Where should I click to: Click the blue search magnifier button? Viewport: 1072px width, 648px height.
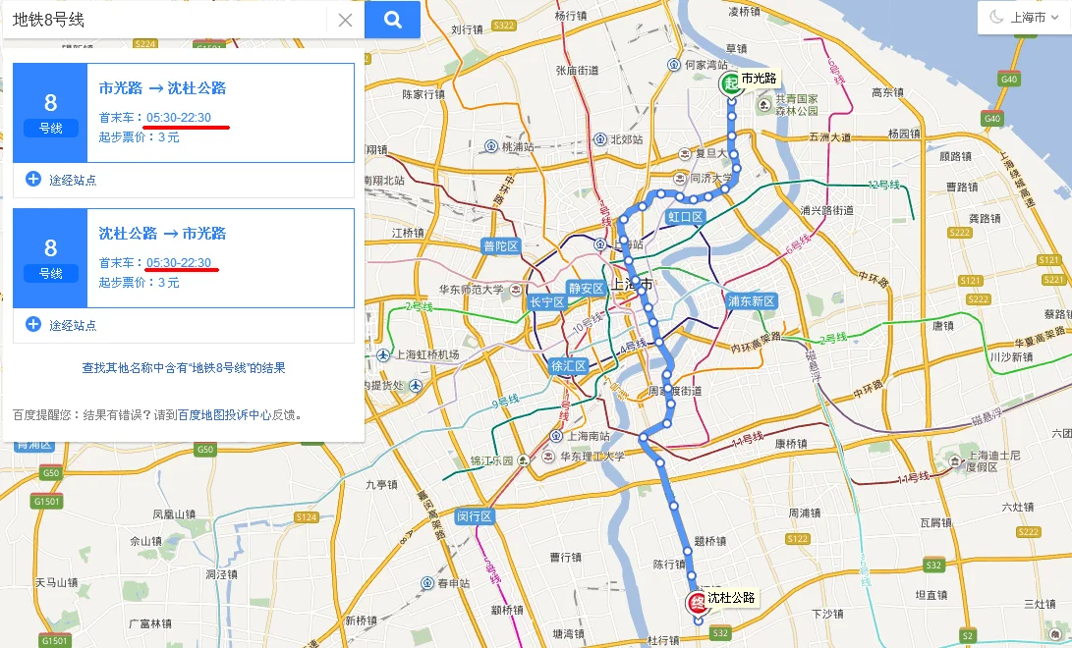(x=392, y=20)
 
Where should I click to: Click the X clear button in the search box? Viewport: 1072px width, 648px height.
(x=345, y=20)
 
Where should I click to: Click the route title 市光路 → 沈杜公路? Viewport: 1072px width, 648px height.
(x=162, y=88)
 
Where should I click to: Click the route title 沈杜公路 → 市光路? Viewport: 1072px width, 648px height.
(x=162, y=234)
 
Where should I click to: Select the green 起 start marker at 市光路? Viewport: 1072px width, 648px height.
(x=730, y=83)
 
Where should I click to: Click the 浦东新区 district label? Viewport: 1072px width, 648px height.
(x=752, y=301)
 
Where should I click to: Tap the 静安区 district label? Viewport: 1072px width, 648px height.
(x=586, y=289)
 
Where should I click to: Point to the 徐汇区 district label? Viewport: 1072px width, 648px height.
(x=568, y=366)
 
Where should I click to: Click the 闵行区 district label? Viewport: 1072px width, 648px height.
(x=474, y=516)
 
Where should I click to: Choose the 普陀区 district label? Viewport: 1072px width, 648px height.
(x=500, y=246)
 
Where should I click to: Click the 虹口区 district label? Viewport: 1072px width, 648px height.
(x=685, y=216)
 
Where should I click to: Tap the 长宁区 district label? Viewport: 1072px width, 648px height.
(x=547, y=302)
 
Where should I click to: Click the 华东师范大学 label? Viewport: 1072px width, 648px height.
(x=471, y=290)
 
